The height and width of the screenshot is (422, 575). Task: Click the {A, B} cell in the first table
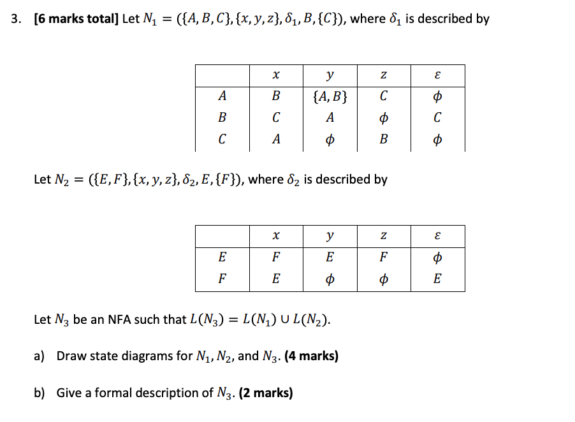point(330,97)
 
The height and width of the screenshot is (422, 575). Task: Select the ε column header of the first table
point(437,75)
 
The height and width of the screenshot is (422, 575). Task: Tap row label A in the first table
point(222,97)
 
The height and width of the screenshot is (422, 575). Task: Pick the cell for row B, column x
point(275,118)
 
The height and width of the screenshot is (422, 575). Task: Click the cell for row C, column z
point(383,139)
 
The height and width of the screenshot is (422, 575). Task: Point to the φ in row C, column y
point(330,139)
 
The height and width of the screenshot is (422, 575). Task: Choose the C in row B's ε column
point(437,118)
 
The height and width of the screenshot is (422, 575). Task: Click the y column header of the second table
point(330,236)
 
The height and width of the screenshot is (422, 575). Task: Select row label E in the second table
point(222,258)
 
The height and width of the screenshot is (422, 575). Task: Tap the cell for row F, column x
point(275,279)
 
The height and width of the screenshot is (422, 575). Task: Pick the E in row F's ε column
point(437,279)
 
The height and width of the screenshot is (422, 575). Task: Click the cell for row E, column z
point(383,258)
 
